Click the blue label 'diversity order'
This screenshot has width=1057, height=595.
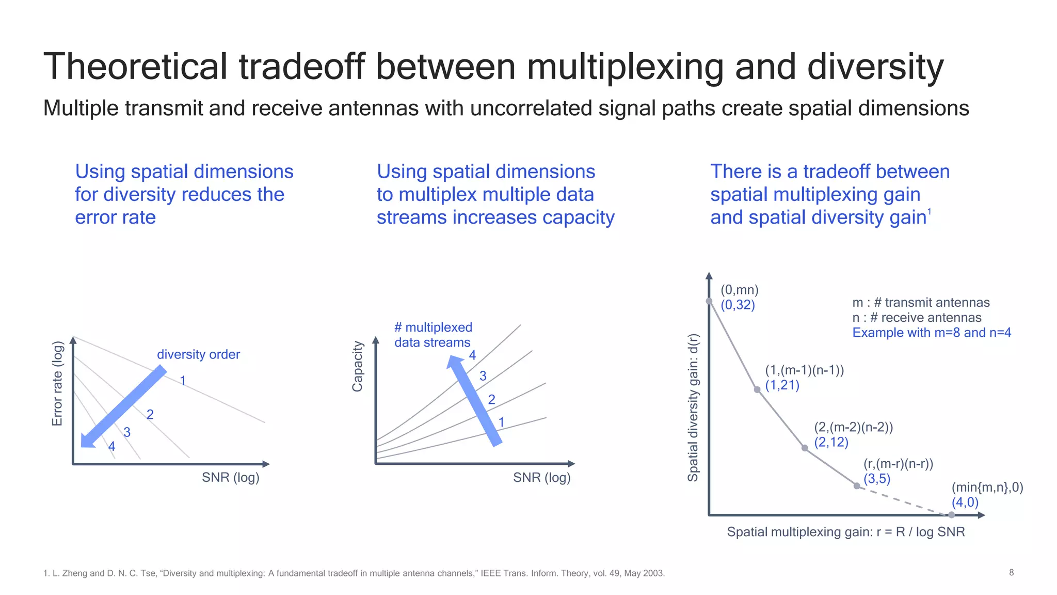198,354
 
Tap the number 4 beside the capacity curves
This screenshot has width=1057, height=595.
472,355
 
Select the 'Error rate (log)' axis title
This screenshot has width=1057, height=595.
57,384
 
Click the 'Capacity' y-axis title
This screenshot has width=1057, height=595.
357,366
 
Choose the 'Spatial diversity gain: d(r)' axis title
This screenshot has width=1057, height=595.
693,408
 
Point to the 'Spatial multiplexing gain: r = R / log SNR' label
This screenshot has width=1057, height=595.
845,531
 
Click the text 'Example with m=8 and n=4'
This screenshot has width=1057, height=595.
931,332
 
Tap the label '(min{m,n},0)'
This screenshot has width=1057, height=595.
987,487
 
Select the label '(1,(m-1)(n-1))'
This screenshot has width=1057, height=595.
804,370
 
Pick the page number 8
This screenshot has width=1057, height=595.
1011,572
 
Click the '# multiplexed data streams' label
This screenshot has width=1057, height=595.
433,335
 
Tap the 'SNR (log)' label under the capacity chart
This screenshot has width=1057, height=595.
541,477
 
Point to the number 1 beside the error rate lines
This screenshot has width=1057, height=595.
183,381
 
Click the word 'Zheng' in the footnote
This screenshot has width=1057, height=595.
75,573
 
